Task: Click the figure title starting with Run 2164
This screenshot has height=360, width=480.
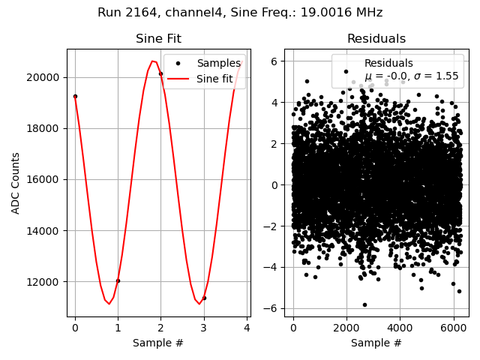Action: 240,13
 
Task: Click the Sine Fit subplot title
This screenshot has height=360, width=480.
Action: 158,39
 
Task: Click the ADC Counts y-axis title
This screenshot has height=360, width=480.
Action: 16,183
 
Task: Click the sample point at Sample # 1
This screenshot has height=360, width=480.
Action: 118,280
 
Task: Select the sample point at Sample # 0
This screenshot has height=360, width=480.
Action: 75,96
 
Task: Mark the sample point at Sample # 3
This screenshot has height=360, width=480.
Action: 204,298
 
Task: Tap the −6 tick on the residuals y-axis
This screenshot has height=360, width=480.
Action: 274,308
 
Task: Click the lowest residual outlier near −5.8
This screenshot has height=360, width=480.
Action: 364,304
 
